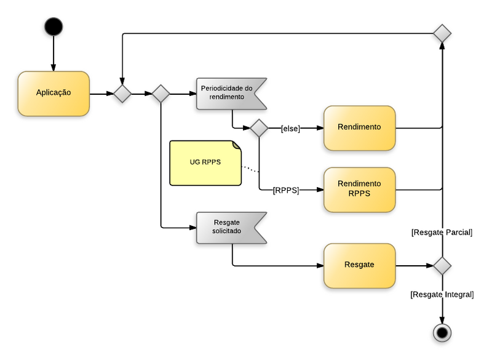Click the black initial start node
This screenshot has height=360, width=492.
point(54,26)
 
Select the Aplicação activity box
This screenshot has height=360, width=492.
point(54,94)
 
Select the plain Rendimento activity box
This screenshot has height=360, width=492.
point(359,127)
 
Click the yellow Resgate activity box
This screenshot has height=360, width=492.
point(359,266)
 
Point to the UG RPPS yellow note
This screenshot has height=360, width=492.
point(205,163)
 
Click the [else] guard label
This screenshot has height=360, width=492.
point(290,128)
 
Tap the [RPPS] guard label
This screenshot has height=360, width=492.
point(285,190)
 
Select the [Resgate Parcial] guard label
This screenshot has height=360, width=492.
point(442,232)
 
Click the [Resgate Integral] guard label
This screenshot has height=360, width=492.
point(442,295)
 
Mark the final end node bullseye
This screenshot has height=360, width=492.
point(442,332)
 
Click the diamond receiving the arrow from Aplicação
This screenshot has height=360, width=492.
point(122,94)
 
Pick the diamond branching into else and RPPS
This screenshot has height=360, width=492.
point(258,128)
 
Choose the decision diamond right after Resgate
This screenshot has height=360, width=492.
point(442,266)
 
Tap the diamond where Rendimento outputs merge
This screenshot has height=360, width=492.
point(442,33)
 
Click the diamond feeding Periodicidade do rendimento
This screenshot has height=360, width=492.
point(161,94)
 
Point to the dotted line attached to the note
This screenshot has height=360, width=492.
point(250,169)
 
